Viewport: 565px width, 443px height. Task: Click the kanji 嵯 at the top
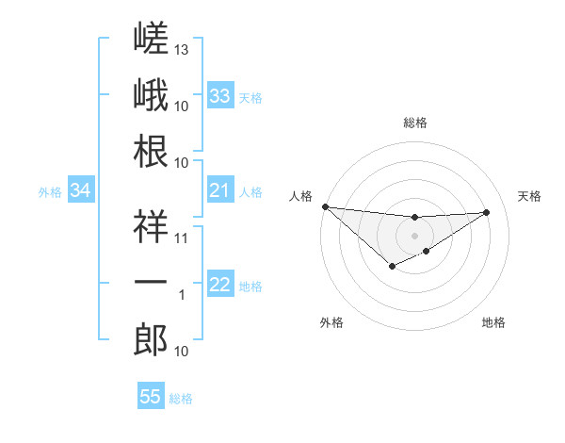click(x=151, y=38)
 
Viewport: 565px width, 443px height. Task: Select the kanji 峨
click(x=151, y=94)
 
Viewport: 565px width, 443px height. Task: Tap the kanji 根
click(x=151, y=151)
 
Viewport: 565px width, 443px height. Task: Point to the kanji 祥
click(x=151, y=226)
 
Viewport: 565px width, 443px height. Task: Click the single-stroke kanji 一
click(x=151, y=282)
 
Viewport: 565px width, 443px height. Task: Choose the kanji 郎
click(x=151, y=339)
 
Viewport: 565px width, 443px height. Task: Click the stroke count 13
click(x=181, y=50)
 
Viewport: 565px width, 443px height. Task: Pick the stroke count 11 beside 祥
click(x=181, y=238)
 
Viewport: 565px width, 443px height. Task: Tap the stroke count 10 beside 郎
click(x=181, y=352)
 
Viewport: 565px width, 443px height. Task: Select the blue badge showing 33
click(x=220, y=95)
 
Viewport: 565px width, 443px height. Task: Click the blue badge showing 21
click(x=220, y=189)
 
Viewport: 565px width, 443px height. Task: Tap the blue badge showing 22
click(x=220, y=283)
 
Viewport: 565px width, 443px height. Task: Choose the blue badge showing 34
click(x=81, y=189)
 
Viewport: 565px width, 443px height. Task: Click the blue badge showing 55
click(x=151, y=395)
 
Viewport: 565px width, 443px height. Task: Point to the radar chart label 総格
click(x=415, y=123)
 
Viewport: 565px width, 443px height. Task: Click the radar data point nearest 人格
click(x=326, y=206)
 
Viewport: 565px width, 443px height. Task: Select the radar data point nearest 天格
click(x=486, y=212)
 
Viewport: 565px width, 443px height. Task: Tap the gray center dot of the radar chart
click(x=414, y=236)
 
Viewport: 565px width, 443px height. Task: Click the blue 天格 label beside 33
click(x=250, y=98)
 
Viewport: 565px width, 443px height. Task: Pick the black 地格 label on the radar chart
click(x=493, y=322)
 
